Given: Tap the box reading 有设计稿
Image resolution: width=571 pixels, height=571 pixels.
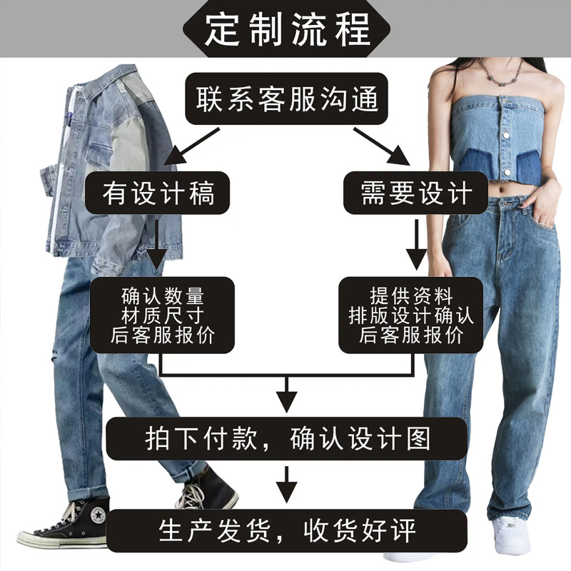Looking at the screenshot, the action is coord(158,193).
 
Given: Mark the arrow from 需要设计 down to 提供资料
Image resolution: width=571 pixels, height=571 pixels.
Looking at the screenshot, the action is coord(416,246).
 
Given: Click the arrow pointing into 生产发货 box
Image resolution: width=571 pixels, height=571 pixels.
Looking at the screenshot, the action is coord(287,485).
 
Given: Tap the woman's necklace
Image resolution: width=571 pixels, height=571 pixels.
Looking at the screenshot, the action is coord(499,71).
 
